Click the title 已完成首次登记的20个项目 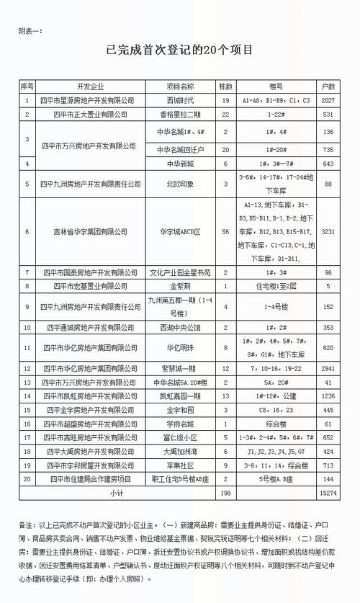coord(179,51)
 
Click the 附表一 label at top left coord(32,31)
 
